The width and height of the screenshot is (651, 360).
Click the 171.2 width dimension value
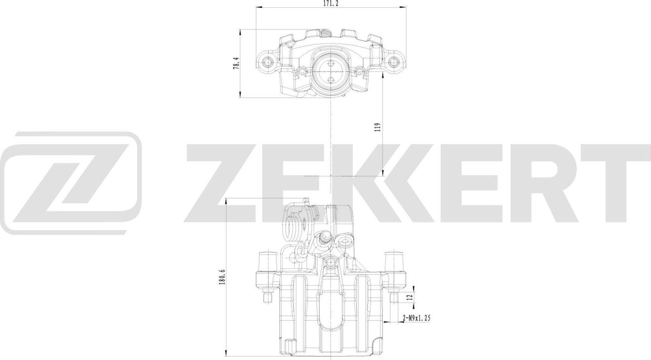(331, 3)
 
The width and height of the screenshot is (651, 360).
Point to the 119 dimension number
(378, 127)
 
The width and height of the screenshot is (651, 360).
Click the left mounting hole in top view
(266, 61)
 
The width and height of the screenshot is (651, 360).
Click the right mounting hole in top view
(394, 61)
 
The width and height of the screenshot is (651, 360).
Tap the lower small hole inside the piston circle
(330, 79)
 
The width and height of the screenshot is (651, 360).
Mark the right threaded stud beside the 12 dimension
(394, 297)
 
